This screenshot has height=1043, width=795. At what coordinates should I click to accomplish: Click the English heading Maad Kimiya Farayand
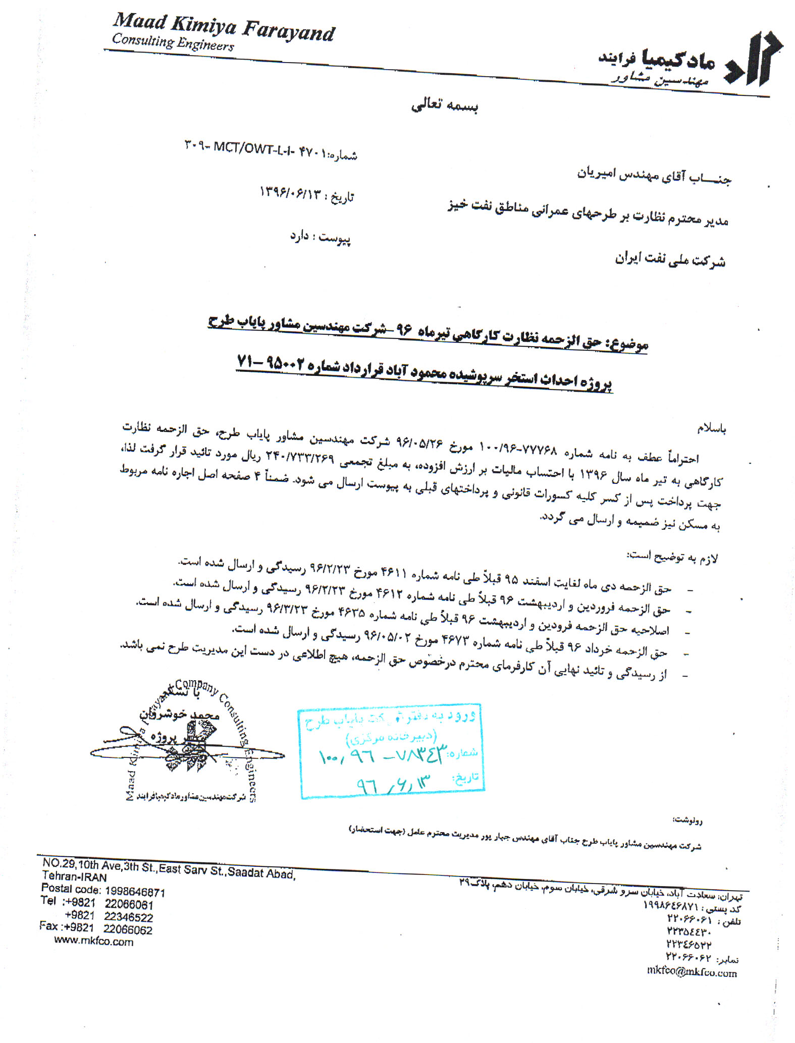[223, 27]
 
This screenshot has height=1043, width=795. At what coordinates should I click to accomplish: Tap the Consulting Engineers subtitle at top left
[173, 42]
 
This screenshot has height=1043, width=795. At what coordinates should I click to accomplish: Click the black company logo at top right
[754, 60]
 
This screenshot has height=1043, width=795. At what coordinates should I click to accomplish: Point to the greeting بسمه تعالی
[445, 105]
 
